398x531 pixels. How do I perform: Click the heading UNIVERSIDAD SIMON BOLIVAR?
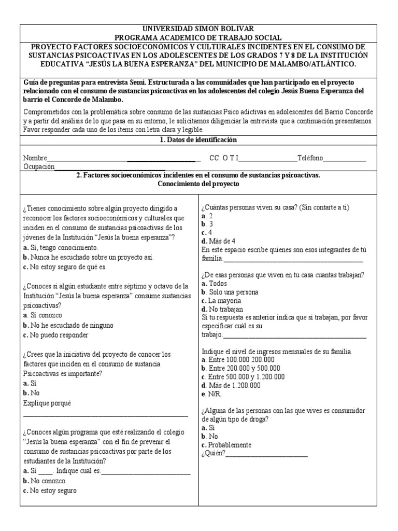point(199,29)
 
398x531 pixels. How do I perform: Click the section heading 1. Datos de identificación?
point(199,140)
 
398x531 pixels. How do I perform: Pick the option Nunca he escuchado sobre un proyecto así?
point(88,257)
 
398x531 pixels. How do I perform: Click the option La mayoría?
point(221,300)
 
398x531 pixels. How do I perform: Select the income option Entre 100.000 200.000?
point(238,359)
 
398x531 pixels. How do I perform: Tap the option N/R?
point(210,394)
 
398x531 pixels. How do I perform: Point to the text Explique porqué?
point(47,403)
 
